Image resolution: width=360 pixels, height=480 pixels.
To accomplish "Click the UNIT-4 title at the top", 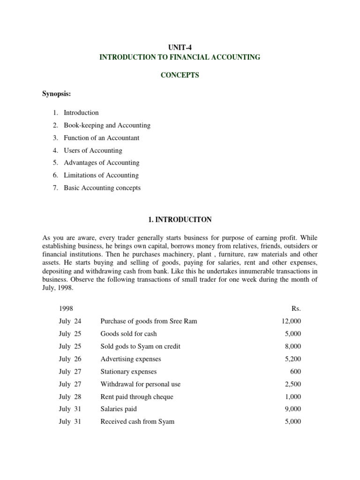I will (180, 47).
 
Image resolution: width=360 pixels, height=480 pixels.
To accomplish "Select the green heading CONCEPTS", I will (180, 75).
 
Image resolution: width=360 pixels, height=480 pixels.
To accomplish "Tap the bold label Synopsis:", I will (57, 94).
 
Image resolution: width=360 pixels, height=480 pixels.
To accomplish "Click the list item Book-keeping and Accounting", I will (107, 126).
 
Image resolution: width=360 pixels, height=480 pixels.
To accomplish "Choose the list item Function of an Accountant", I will (101, 138).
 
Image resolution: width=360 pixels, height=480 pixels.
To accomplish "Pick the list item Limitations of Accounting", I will (101, 175).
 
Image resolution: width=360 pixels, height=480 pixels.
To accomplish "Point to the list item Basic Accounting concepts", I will (102, 188).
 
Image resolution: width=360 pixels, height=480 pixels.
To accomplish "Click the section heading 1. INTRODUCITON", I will (180, 219).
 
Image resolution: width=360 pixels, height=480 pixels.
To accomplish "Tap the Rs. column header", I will (296, 309).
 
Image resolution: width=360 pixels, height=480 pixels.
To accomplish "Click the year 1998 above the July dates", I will (66, 309).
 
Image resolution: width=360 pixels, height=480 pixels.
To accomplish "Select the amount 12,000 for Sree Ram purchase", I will (291, 321).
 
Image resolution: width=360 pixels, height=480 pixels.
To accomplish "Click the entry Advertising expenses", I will (130, 359).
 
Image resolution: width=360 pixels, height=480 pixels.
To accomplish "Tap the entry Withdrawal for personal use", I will (140, 384).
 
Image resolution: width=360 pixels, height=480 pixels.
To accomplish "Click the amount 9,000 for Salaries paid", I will (293, 409).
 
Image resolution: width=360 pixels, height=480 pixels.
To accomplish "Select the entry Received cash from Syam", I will (137, 421).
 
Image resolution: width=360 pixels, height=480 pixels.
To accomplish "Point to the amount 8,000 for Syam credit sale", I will (293, 346).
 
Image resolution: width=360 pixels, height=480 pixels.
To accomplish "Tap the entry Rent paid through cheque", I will (136, 397).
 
